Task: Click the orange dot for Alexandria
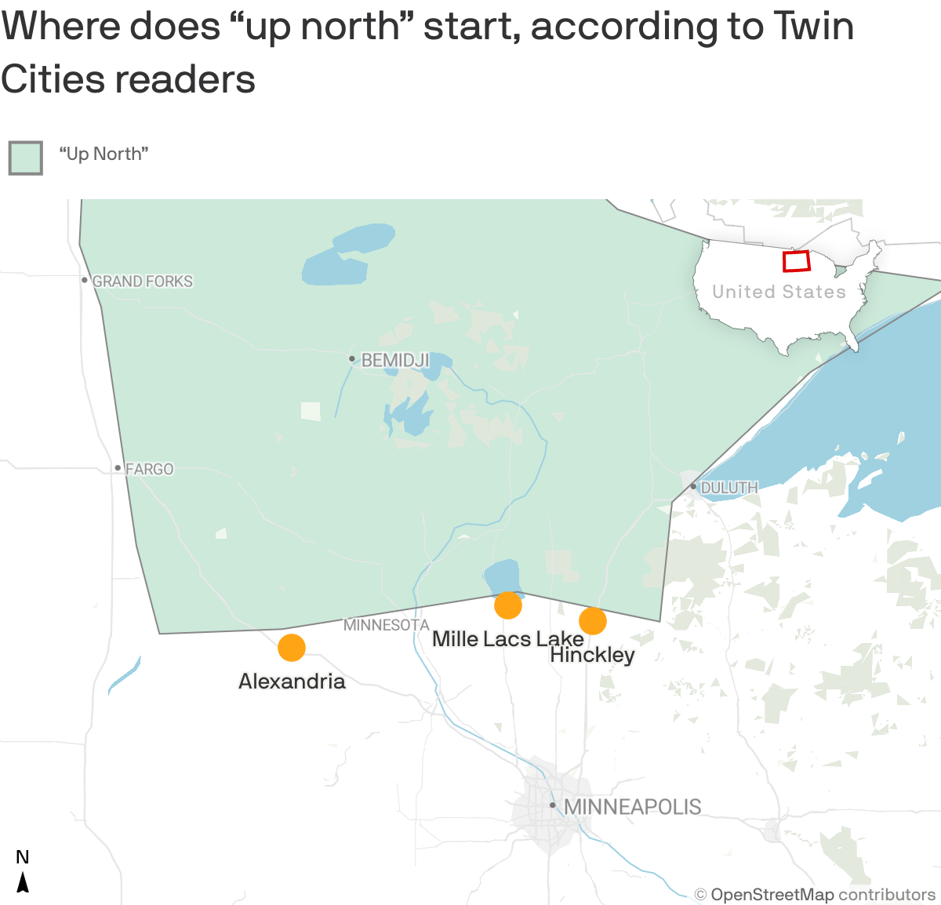click(292, 648)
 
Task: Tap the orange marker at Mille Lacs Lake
click(508, 605)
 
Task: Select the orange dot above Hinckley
click(593, 621)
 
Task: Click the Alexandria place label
click(292, 681)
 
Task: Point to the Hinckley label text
click(592, 655)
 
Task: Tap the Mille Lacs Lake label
click(507, 638)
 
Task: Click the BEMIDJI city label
click(394, 360)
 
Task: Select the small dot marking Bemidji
click(352, 359)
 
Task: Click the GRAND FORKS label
click(142, 281)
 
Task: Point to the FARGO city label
click(149, 469)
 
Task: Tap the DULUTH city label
click(729, 488)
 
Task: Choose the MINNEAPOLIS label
click(632, 806)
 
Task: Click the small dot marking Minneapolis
click(553, 805)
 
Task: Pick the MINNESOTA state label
click(387, 625)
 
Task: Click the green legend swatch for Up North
click(26, 158)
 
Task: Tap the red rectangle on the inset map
click(796, 261)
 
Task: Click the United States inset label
click(779, 292)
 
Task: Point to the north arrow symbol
click(24, 881)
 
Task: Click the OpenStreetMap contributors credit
click(816, 895)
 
